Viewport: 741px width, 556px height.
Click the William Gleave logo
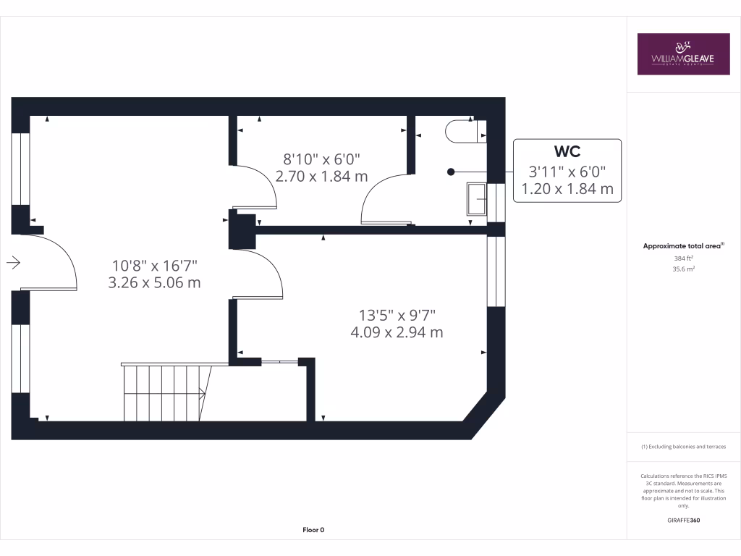(x=683, y=54)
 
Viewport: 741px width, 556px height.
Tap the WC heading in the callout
(x=567, y=151)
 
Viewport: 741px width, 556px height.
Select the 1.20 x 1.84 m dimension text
(x=567, y=190)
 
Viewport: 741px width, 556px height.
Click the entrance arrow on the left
(x=13, y=263)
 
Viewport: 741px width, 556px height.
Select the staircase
(x=165, y=392)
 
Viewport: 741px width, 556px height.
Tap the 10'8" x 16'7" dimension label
(x=154, y=265)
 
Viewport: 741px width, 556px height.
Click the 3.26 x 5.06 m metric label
(x=154, y=283)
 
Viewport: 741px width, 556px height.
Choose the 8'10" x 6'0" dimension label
(x=321, y=158)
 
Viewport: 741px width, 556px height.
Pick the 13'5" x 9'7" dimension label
(x=397, y=315)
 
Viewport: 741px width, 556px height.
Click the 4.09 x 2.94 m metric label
(x=397, y=332)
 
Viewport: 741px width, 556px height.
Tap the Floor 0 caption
(x=313, y=530)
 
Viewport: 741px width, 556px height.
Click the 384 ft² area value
(x=683, y=258)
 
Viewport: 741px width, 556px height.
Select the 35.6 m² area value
(x=683, y=269)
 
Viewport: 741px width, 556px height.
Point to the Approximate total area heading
(x=683, y=246)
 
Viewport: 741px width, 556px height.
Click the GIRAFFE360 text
(x=683, y=520)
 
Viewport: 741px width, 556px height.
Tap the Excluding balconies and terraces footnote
(x=683, y=447)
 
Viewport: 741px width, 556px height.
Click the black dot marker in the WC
(x=451, y=172)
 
